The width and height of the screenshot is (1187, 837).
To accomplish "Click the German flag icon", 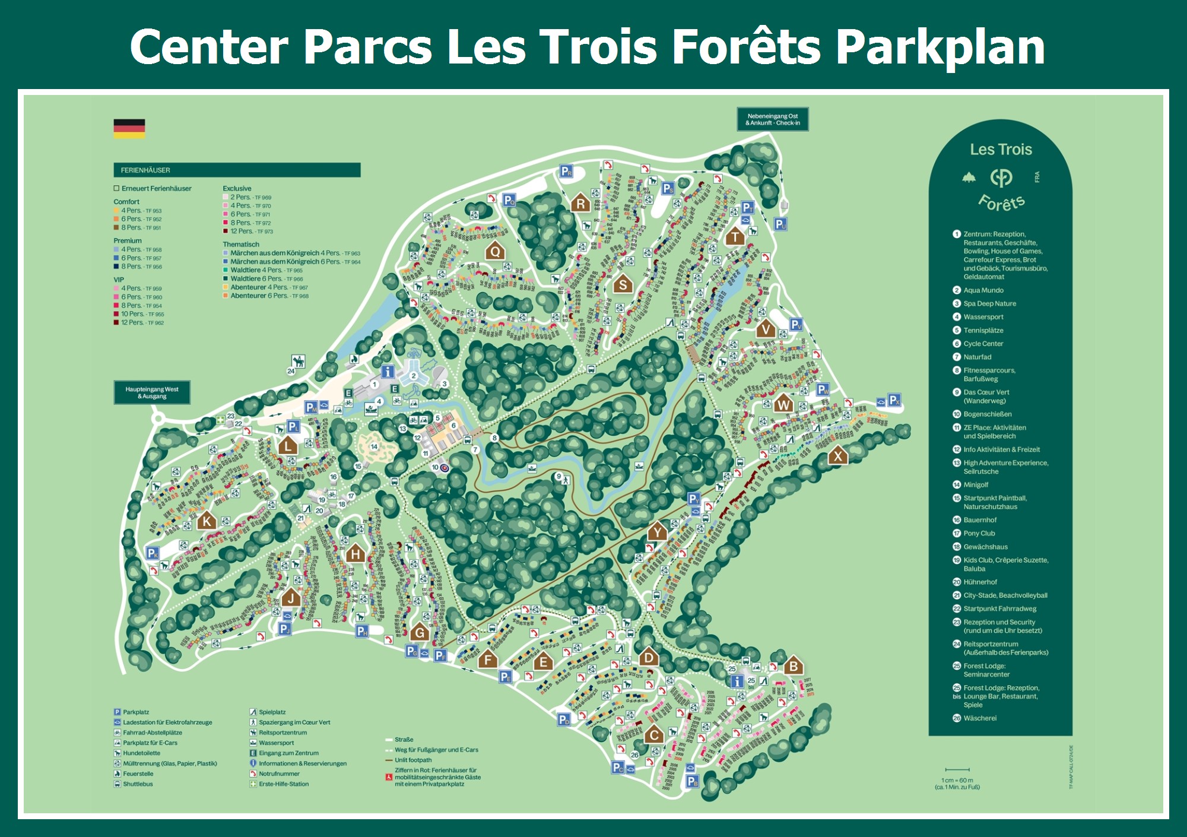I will (129, 128).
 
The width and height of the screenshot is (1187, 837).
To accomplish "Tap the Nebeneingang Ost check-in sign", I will (773, 119).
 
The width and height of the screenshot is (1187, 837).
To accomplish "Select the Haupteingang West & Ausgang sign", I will (152, 392).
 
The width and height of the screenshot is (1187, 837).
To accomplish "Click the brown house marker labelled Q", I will (495, 251).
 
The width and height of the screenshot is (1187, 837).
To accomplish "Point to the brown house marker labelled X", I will (838, 455).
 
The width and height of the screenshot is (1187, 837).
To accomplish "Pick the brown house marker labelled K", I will (206, 521).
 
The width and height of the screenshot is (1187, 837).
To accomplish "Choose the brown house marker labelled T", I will (735, 237).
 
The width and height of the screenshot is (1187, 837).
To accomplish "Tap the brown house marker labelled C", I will (654, 735).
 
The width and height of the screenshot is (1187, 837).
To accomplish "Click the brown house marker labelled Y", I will (657, 531).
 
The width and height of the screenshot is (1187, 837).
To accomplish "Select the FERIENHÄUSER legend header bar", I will (237, 170).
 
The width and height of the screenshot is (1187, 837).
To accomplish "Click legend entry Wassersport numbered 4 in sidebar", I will (983, 317).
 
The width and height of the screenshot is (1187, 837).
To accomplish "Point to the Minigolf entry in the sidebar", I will (976, 485).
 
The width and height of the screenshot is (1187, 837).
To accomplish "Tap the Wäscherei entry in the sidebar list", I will (980, 718).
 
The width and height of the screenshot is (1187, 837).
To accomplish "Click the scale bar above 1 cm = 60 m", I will (957, 770).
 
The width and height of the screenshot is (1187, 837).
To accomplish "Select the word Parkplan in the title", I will (940, 47).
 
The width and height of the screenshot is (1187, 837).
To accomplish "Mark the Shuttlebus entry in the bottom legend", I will (137, 784).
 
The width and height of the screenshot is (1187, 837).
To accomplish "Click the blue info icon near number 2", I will (388, 372).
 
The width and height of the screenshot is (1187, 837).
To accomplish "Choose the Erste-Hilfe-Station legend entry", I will (283, 784).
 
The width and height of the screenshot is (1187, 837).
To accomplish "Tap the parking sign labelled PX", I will (894, 400).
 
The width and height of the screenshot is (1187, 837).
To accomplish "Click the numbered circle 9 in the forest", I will (558, 476).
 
